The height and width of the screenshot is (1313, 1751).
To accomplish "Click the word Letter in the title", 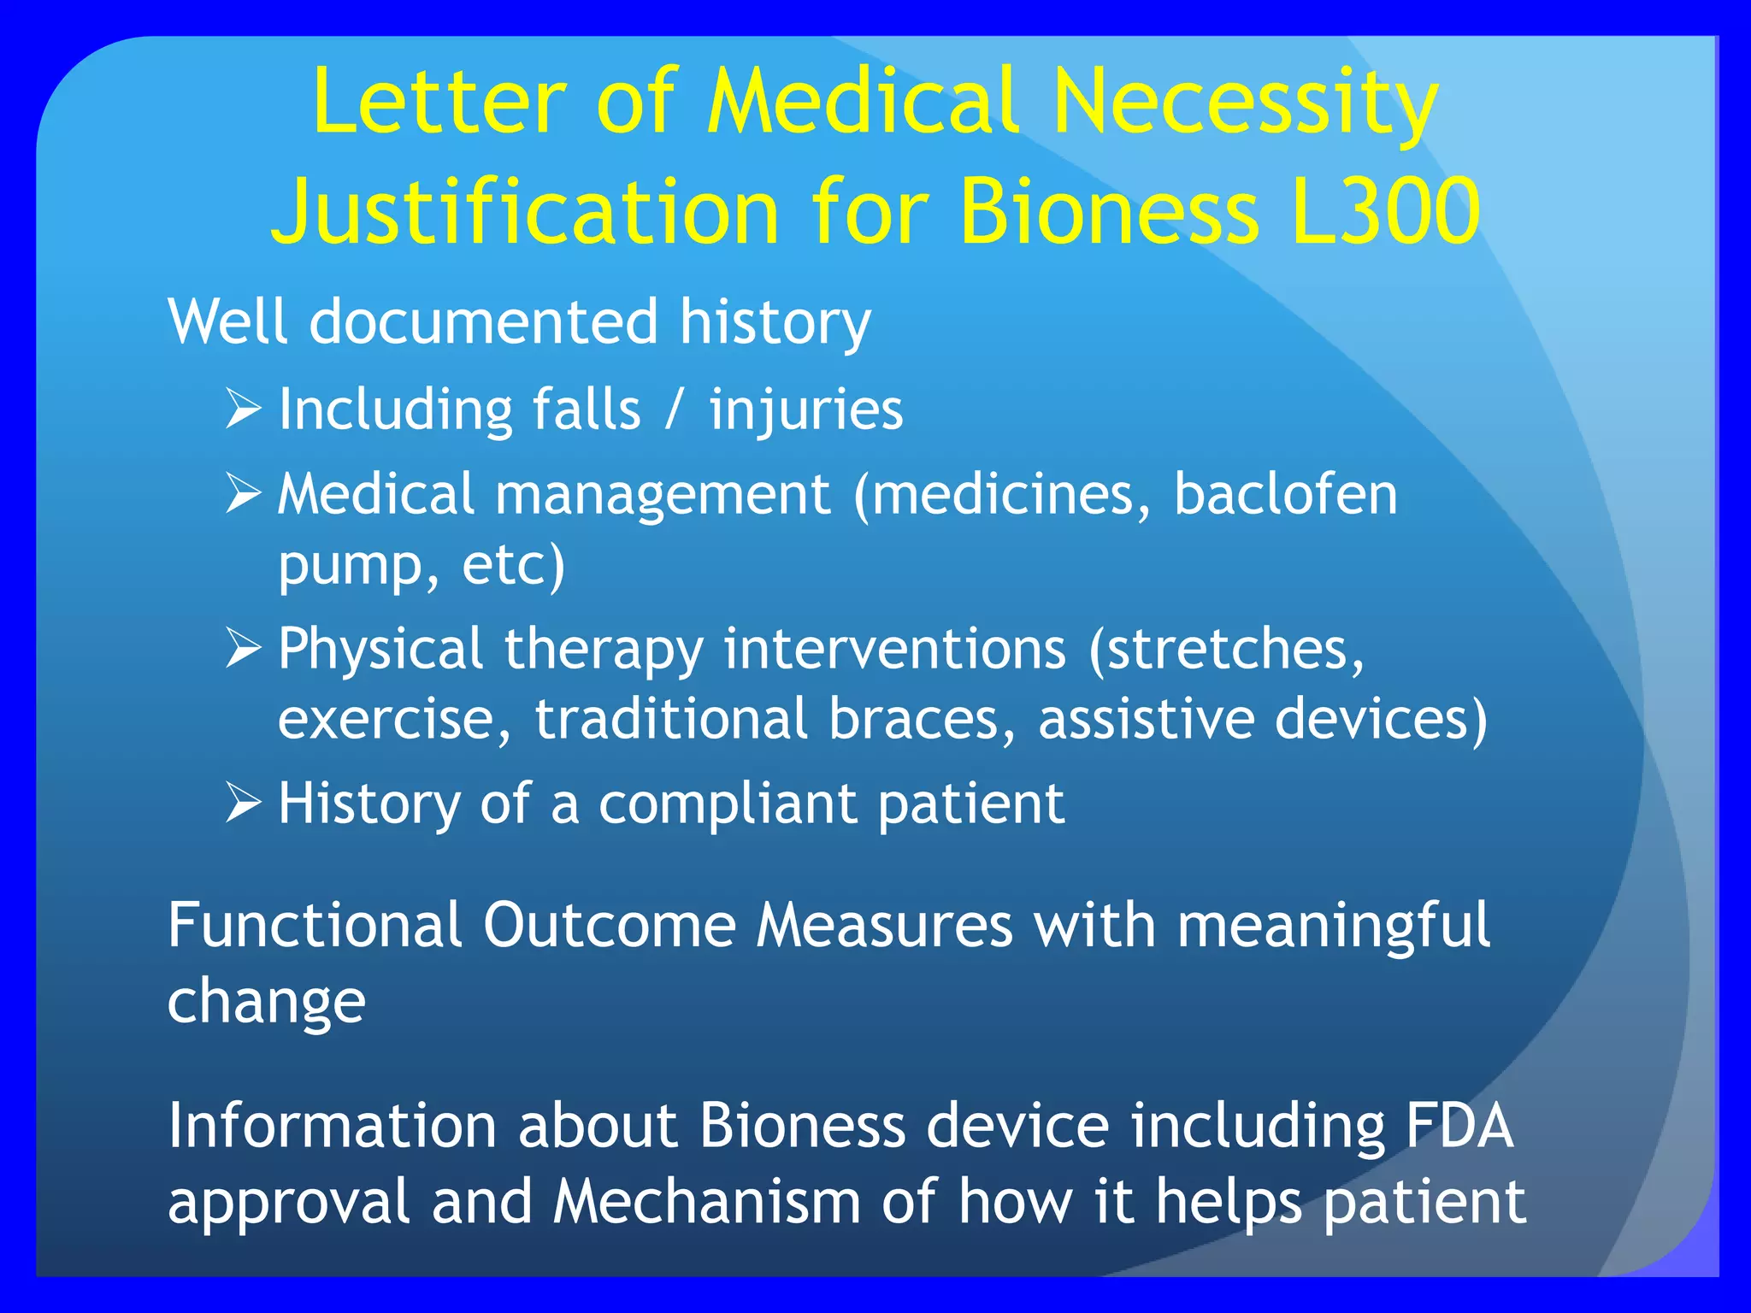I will click(439, 103).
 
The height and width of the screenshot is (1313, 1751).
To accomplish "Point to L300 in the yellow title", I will click(1385, 212).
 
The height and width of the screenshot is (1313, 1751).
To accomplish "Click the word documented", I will click(483, 323).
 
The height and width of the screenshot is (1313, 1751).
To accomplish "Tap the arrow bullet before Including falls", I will click(243, 409).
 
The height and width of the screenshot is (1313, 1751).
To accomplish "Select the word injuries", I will click(805, 409).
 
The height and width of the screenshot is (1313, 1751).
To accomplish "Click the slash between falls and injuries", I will click(675, 409).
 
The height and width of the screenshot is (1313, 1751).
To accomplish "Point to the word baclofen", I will click(1285, 494).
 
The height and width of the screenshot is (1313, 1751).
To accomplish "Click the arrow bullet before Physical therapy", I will click(243, 648).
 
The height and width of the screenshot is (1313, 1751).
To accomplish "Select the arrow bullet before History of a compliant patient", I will click(243, 804).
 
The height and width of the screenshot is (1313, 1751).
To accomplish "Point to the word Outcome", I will click(609, 926).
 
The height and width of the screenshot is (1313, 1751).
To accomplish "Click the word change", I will click(266, 1002).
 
